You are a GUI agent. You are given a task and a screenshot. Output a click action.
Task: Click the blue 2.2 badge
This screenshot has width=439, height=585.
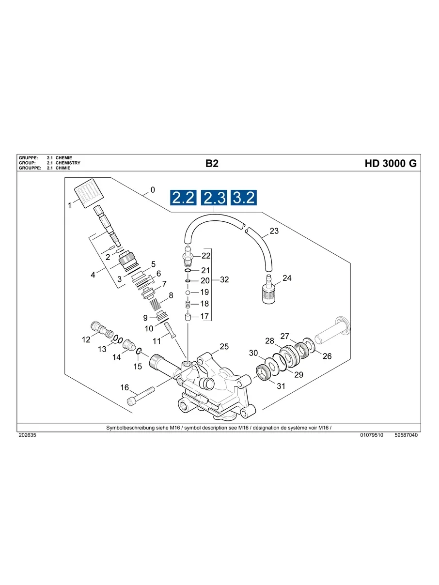tap(183, 198)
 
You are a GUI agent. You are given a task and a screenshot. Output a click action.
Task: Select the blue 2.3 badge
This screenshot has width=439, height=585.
tap(214, 198)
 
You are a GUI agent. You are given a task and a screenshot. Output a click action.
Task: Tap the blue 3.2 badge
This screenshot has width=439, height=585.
tap(243, 198)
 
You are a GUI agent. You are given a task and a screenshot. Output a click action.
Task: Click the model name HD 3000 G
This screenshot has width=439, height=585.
tap(391, 164)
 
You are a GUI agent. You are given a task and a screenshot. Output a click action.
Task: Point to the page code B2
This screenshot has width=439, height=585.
tap(212, 164)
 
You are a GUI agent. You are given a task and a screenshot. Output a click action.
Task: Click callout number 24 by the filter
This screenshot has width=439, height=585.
tap(287, 278)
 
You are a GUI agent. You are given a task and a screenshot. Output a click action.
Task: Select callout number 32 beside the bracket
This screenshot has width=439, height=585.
tap(224, 280)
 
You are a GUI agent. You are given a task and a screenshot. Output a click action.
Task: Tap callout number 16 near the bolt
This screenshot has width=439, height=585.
tap(125, 387)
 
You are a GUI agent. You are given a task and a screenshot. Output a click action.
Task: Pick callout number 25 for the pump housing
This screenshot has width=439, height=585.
tap(224, 346)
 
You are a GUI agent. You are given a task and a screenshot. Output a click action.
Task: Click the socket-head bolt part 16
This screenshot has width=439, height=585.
tap(141, 395)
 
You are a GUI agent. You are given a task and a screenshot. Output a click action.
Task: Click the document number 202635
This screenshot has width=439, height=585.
tap(27, 435)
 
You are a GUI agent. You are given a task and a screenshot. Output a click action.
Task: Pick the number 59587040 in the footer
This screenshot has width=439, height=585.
tap(406, 435)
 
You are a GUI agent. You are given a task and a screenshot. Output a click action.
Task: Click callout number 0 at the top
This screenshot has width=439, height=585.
tap(153, 190)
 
